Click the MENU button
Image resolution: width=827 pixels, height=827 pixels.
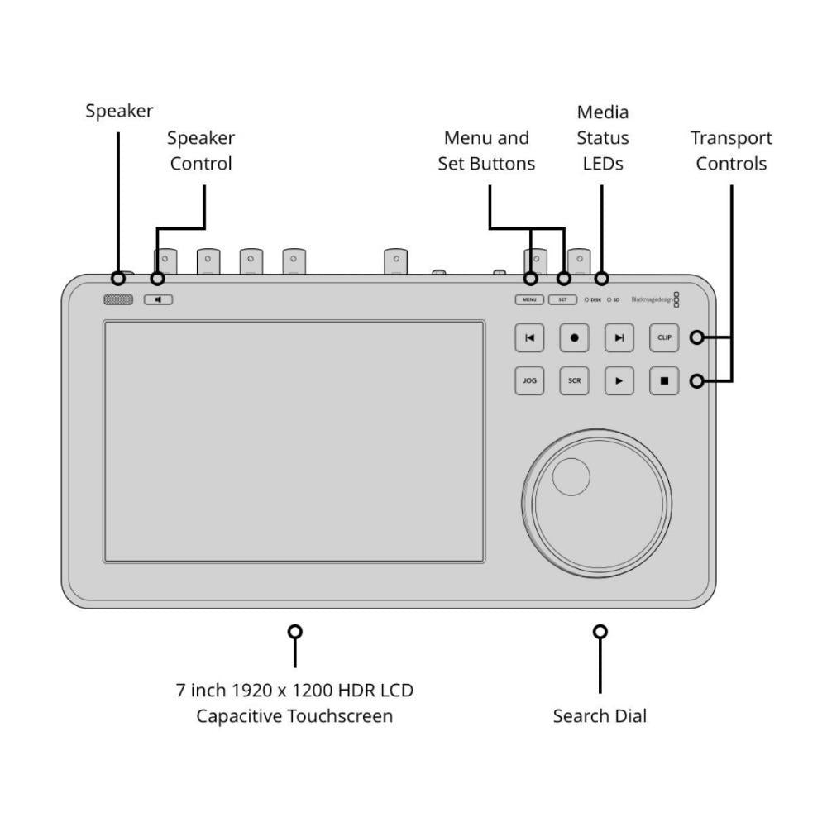coord(529,299)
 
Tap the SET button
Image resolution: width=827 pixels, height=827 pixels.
coord(562,299)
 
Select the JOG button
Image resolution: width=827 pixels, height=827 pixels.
coord(529,381)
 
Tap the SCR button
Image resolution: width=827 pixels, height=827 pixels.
coord(574,381)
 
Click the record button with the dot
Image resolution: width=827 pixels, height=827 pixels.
coord(574,337)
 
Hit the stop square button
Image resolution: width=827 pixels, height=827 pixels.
coord(664,381)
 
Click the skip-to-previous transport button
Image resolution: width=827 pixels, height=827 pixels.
coord(529,337)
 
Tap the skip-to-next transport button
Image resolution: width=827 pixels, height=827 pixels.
coord(619,337)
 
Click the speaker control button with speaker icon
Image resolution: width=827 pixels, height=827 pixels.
coord(158,299)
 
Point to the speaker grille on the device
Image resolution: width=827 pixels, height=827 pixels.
coord(118,299)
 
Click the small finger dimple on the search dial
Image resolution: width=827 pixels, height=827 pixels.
coord(571,477)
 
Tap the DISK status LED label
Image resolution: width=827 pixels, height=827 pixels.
coord(595,300)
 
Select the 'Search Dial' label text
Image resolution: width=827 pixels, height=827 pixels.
coord(600,716)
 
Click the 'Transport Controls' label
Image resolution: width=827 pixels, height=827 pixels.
coord(731,151)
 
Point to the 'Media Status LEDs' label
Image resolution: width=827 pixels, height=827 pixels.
coord(602,137)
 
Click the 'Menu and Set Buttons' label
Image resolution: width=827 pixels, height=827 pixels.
coord(486,151)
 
